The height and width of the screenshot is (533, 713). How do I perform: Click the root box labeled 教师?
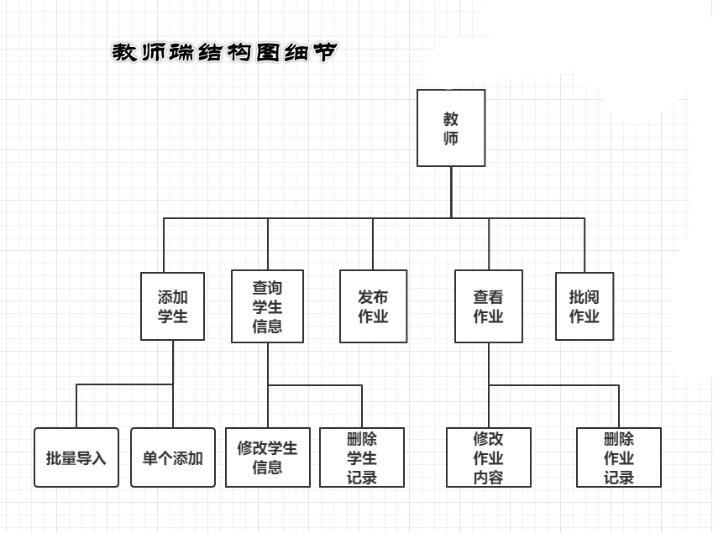451,128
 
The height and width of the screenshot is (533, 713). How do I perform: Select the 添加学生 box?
172,306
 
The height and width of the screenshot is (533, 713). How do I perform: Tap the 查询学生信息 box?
267,306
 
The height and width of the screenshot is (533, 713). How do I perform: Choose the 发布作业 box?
373,306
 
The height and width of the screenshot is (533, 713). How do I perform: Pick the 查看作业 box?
488,306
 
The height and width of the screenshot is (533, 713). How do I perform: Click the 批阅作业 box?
585,306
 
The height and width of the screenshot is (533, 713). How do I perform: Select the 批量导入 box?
76,457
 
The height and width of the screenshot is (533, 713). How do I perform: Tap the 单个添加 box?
172,457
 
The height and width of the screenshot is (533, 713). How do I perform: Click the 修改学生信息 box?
267,457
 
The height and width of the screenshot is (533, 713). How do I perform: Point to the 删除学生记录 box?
362,457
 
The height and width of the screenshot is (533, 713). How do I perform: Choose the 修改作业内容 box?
488,457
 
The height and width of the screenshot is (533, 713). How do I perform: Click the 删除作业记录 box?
619,457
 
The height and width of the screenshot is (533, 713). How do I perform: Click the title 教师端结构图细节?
224,52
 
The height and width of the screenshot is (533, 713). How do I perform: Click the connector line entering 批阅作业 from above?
585,245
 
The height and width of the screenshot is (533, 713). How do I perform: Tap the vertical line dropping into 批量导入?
76,406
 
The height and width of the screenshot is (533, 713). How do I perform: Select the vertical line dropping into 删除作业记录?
619,406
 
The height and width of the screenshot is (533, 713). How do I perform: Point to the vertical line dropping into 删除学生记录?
362,406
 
